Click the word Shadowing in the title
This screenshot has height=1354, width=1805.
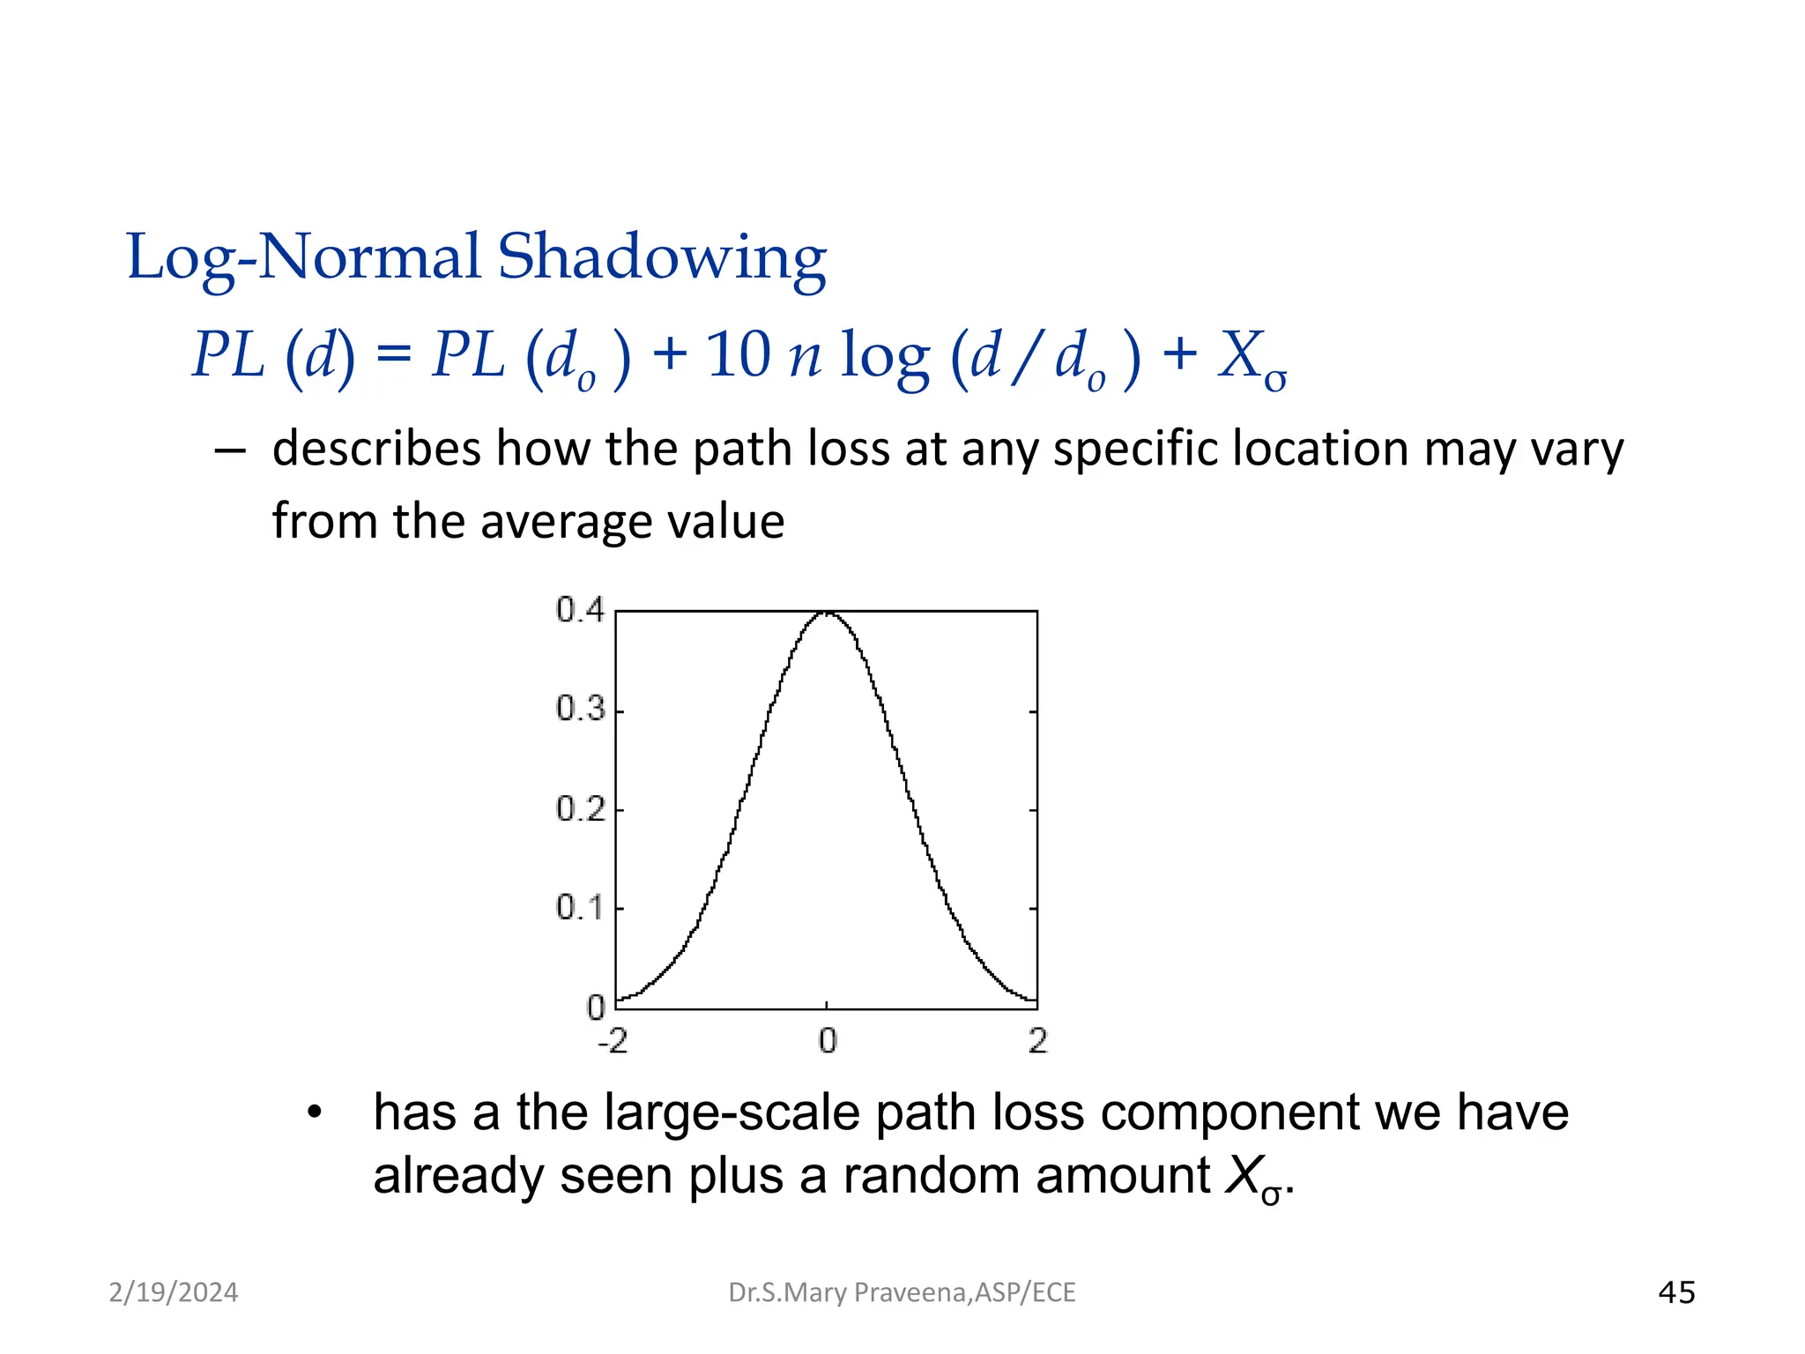click(x=662, y=258)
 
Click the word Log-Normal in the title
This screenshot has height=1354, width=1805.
click(x=304, y=258)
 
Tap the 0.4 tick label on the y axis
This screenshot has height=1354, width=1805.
click(x=580, y=610)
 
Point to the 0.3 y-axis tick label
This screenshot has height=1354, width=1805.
click(x=580, y=709)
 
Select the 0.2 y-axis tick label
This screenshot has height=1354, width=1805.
click(x=580, y=809)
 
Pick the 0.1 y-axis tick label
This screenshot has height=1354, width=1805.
click(x=580, y=908)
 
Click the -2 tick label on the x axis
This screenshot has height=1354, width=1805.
click(x=613, y=1042)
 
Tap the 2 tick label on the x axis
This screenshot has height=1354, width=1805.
click(x=1037, y=1042)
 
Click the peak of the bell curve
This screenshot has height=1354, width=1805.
click(x=827, y=613)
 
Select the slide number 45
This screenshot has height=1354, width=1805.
click(x=1676, y=1292)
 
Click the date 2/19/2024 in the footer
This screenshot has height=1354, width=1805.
click(x=174, y=1292)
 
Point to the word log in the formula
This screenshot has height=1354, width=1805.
click(x=884, y=357)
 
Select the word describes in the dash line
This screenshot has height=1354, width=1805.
click(x=376, y=449)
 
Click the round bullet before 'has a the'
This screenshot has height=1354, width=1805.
click(x=315, y=1112)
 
